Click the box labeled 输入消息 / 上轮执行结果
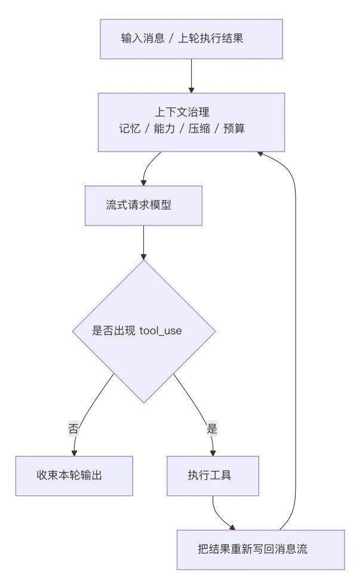coord(191,39)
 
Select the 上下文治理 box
coord(191,121)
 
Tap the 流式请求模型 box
coord(143,205)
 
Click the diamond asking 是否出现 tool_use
coord(143,331)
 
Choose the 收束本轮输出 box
coord(74,476)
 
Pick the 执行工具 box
coord(213,476)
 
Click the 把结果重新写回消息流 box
coord(261,549)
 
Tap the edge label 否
coord(73,428)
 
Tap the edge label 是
coord(212,428)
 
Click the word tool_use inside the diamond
coord(161,331)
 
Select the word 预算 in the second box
coord(233,129)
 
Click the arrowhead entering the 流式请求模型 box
coord(143,182)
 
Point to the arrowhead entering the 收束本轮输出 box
coord(74,453)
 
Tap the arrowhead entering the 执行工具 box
coord(213,453)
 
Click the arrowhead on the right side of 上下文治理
coord(260,153)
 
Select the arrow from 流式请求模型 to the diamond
coord(143,242)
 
